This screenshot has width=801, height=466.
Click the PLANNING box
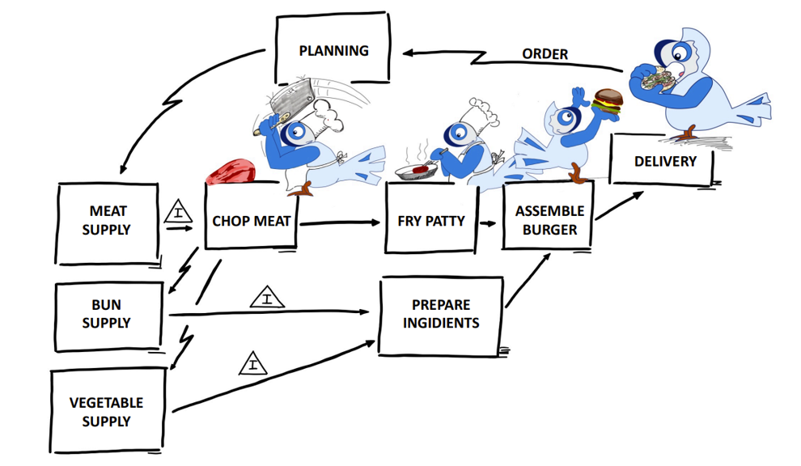[333, 50]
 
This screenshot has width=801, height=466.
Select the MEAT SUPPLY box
[107, 221]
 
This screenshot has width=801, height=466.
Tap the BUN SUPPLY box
[107, 315]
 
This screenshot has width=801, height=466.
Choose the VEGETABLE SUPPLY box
[107, 411]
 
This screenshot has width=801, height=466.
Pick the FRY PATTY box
[430, 219]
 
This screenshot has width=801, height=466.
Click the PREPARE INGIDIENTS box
[441, 315]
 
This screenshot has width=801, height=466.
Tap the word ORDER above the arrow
[545, 54]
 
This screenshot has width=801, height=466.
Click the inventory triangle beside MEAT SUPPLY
[178, 214]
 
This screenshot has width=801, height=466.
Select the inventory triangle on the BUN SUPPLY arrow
[267, 299]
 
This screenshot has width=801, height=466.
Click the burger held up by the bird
[608, 100]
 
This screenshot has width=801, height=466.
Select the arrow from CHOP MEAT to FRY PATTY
[340, 222]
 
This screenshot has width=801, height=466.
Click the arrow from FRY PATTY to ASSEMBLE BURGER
[488, 222]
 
